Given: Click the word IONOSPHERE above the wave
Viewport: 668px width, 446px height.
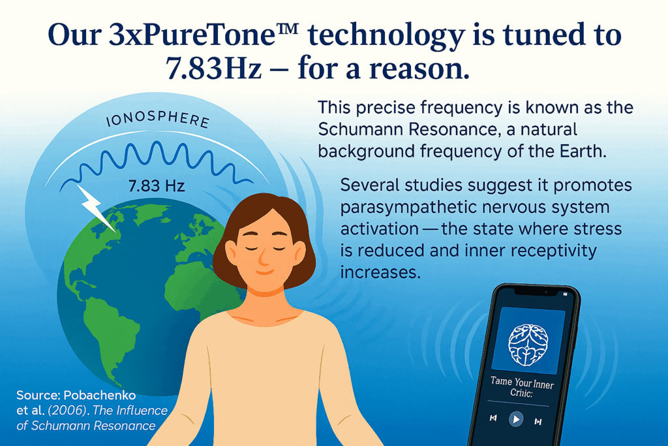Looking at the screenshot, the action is (x=158, y=119).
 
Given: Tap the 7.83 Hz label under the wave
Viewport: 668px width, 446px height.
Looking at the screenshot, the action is (x=157, y=186).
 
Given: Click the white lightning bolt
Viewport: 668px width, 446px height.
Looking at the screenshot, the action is (x=95, y=208).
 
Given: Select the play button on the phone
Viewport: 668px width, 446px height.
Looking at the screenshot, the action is (x=516, y=419).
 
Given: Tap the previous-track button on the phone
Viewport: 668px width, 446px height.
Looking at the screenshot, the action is (x=493, y=418).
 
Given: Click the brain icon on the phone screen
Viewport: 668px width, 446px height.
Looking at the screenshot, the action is (x=528, y=345).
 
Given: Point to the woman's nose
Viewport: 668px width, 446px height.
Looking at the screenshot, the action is (x=264, y=257).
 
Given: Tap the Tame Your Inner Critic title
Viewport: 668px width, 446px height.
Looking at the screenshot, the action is (x=522, y=387).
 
